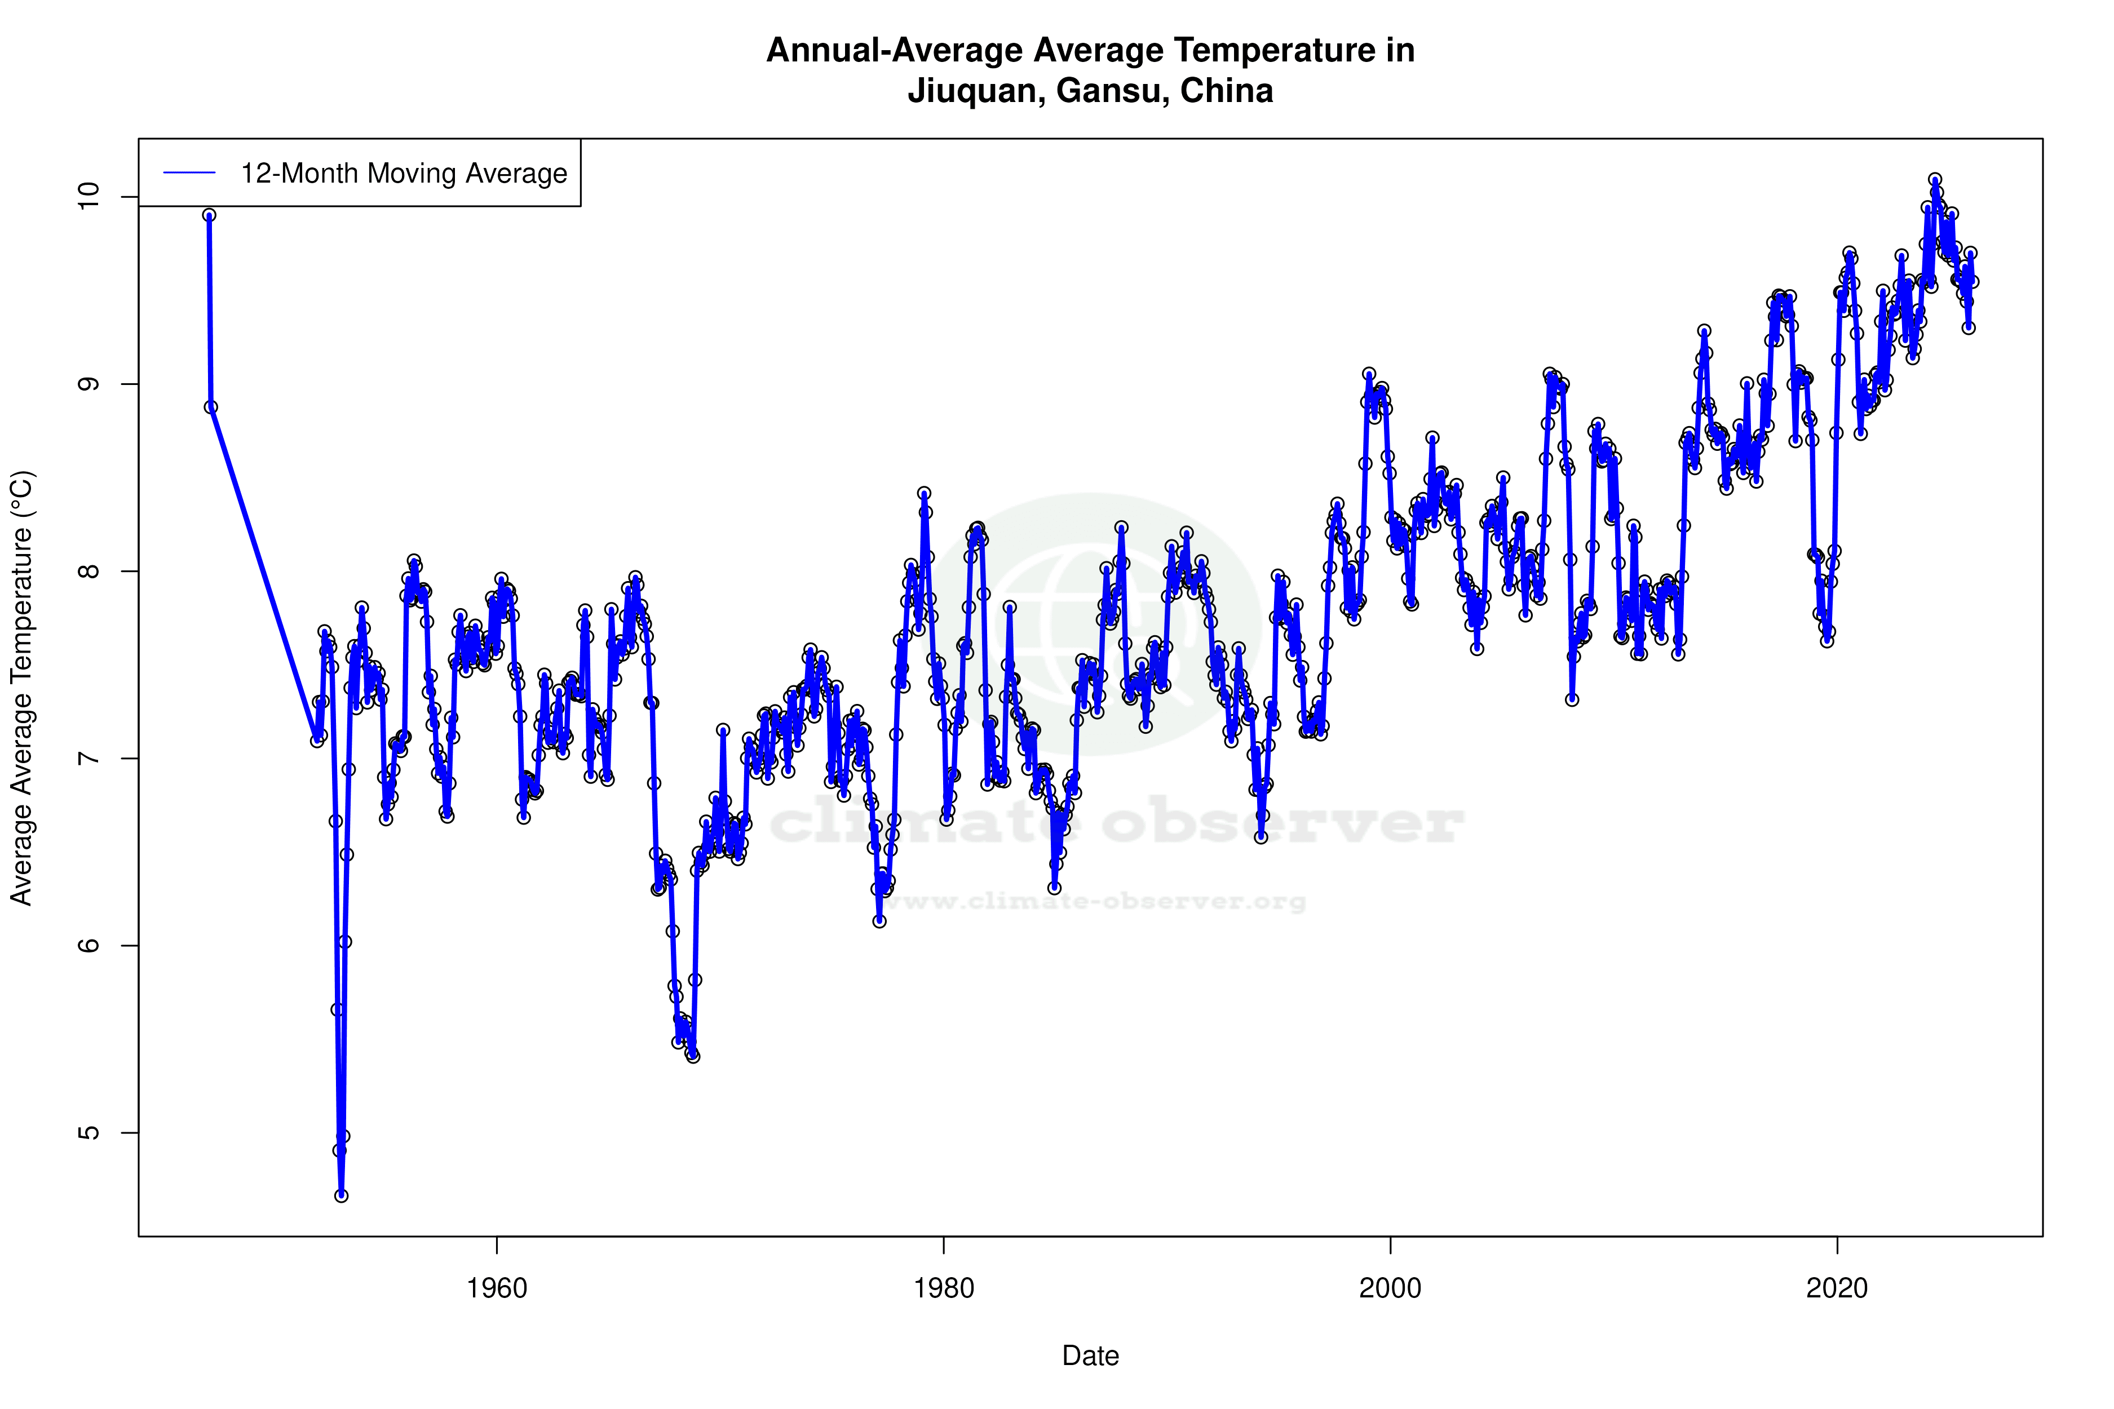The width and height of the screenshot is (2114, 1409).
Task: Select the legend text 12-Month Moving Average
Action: pyautogui.click(x=404, y=174)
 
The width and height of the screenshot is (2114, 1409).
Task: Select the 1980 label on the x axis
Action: pyautogui.click(x=944, y=1288)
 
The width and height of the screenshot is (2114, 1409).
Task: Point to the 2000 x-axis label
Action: pyautogui.click(x=1391, y=1288)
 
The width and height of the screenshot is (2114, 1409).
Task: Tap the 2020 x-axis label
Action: pyautogui.click(x=1837, y=1288)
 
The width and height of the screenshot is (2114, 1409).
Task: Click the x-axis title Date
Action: pyautogui.click(x=1090, y=1356)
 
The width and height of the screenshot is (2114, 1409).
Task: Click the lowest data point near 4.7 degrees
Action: pyautogui.click(x=342, y=1195)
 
